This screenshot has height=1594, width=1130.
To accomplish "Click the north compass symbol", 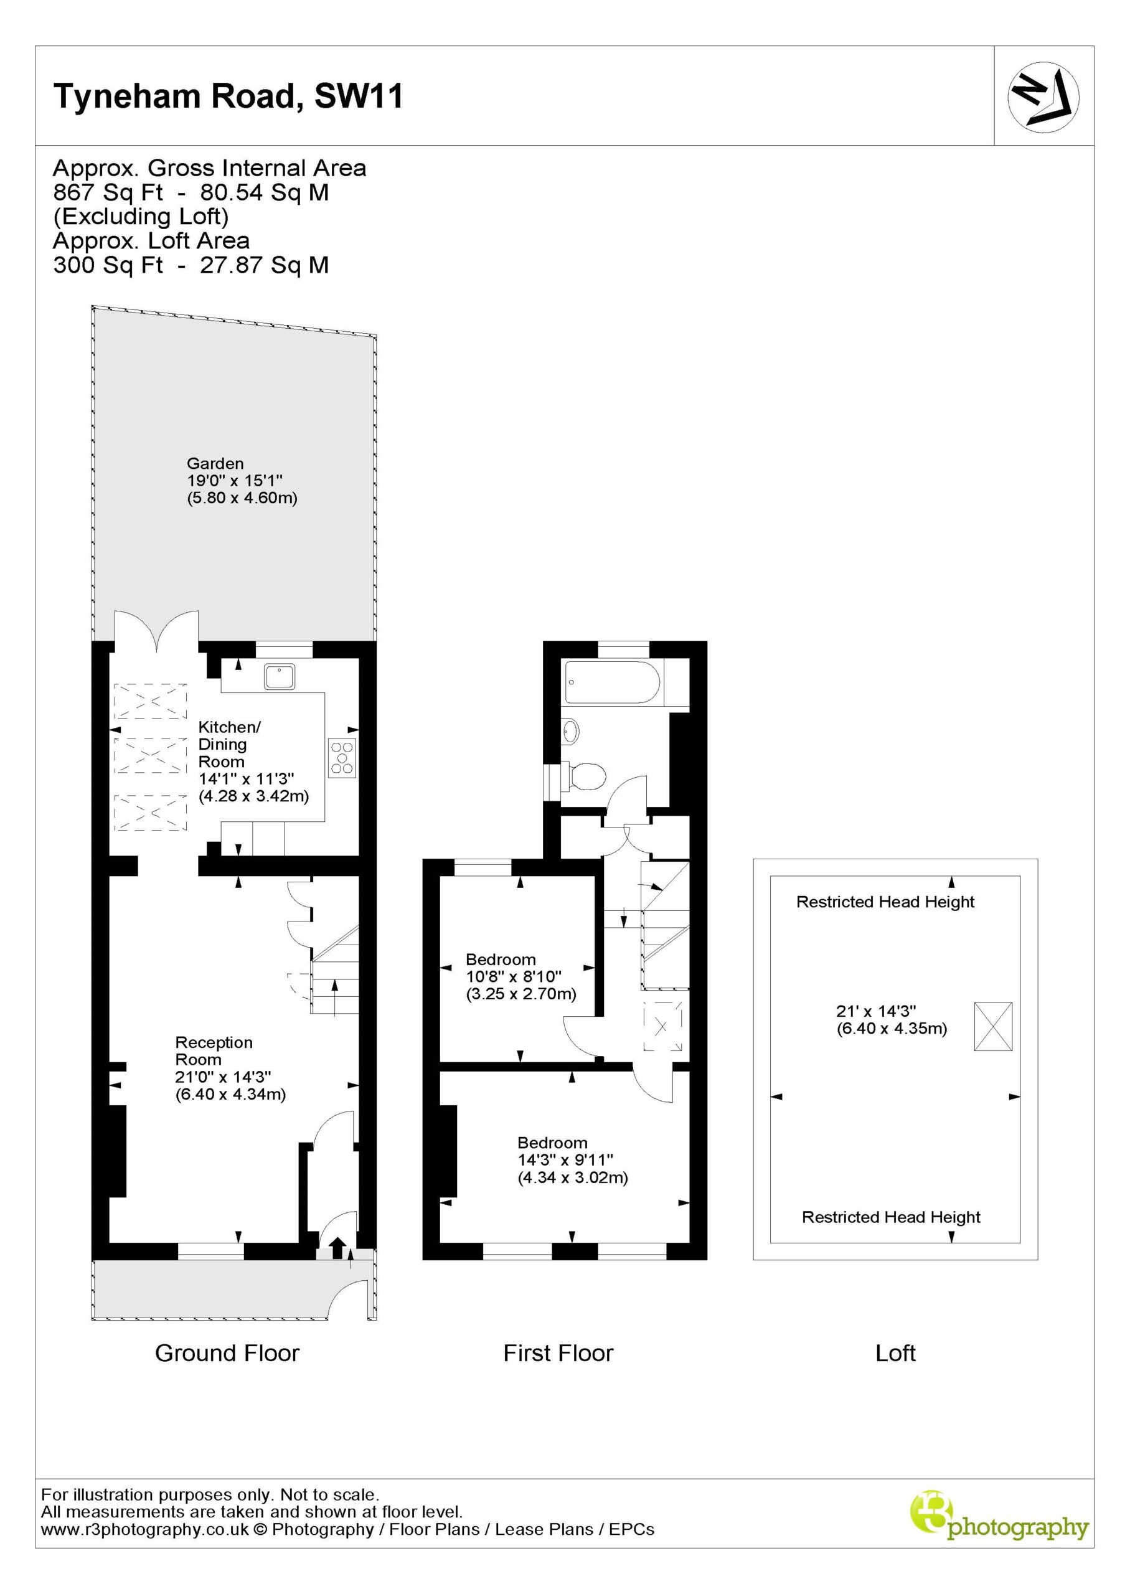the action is click(x=1043, y=97).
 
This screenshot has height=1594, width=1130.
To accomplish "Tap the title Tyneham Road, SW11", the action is click(x=228, y=96).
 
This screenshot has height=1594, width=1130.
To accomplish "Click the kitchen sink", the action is click(x=279, y=676).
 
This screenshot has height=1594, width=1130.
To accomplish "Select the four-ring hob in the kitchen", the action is click(x=343, y=757).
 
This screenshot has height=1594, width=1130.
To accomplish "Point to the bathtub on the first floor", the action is click(x=612, y=682).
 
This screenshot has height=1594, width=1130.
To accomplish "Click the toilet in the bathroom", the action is click(x=584, y=776).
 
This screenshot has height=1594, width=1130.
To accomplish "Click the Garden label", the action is click(x=215, y=463).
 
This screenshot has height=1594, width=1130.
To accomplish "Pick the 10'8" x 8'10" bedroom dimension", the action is click(x=514, y=977).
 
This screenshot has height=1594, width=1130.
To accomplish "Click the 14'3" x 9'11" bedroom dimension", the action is click(x=565, y=1160).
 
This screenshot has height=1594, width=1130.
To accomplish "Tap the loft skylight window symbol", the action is click(x=993, y=1026).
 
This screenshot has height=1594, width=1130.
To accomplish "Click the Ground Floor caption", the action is click(x=227, y=1353).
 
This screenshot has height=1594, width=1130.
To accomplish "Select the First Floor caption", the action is click(x=558, y=1353).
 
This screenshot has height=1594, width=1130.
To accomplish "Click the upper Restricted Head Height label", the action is click(x=885, y=902).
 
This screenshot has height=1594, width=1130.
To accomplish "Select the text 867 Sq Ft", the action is click(x=108, y=192).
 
